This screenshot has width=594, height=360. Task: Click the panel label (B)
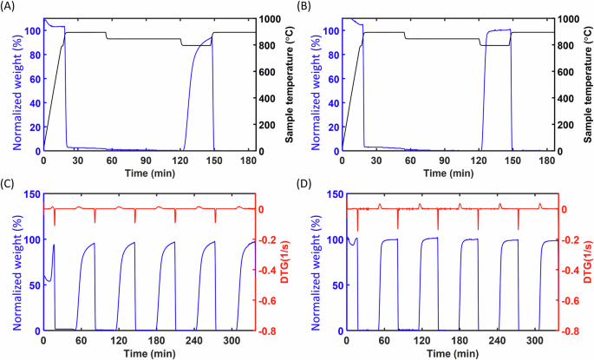pos(308,6)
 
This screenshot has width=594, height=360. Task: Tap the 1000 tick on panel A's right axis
pos(271,19)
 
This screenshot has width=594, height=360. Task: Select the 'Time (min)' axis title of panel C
pos(150,353)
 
